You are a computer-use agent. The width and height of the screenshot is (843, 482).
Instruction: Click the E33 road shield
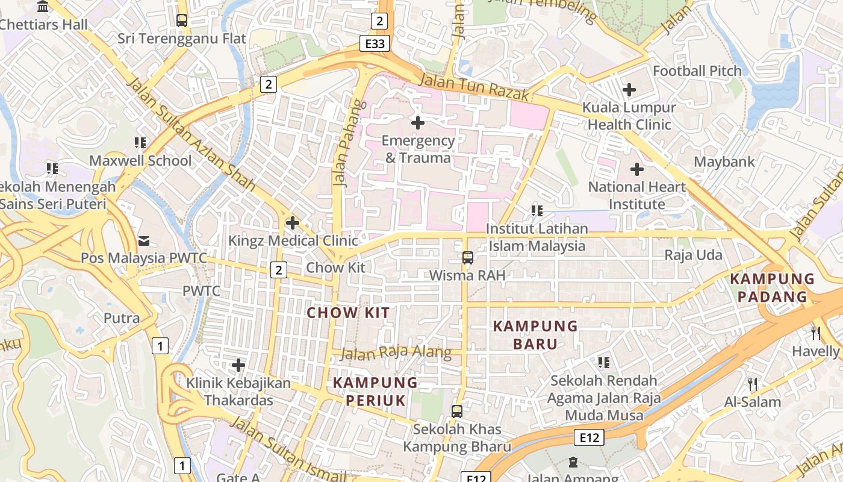coord(375,43)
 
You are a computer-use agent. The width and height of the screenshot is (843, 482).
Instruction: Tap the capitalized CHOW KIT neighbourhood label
coord(348,313)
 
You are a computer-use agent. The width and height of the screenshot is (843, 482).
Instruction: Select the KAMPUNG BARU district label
coord(535,335)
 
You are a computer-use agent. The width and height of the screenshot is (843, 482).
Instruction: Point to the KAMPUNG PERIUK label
coord(376,391)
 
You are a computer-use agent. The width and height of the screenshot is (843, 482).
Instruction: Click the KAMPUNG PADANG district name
coord(772,287)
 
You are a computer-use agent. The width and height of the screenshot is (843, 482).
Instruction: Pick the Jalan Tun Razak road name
coord(474,87)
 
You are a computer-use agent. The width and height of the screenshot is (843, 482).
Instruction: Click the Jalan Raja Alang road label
coord(396,353)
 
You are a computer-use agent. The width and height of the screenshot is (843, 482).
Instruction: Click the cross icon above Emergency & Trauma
coord(417,123)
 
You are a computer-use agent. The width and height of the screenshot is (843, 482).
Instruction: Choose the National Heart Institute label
coord(636,195)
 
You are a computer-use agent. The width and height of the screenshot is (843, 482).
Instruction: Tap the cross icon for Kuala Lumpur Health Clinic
coord(629,90)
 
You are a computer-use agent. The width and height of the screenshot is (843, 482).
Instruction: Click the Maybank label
coord(724,162)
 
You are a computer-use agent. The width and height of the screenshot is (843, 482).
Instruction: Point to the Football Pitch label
coord(697,71)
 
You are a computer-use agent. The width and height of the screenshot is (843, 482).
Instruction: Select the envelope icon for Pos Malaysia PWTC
coord(144,241)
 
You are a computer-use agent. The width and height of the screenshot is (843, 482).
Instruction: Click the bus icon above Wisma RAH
coord(467,258)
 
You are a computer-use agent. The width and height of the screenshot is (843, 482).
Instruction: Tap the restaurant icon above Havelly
coord(816,333)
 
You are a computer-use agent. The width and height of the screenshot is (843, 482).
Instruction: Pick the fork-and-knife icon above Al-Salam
coord(752,384)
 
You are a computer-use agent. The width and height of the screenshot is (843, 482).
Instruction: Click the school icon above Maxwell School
coord(140,143)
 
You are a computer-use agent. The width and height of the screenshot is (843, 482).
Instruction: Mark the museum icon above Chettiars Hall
coord(43,7)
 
